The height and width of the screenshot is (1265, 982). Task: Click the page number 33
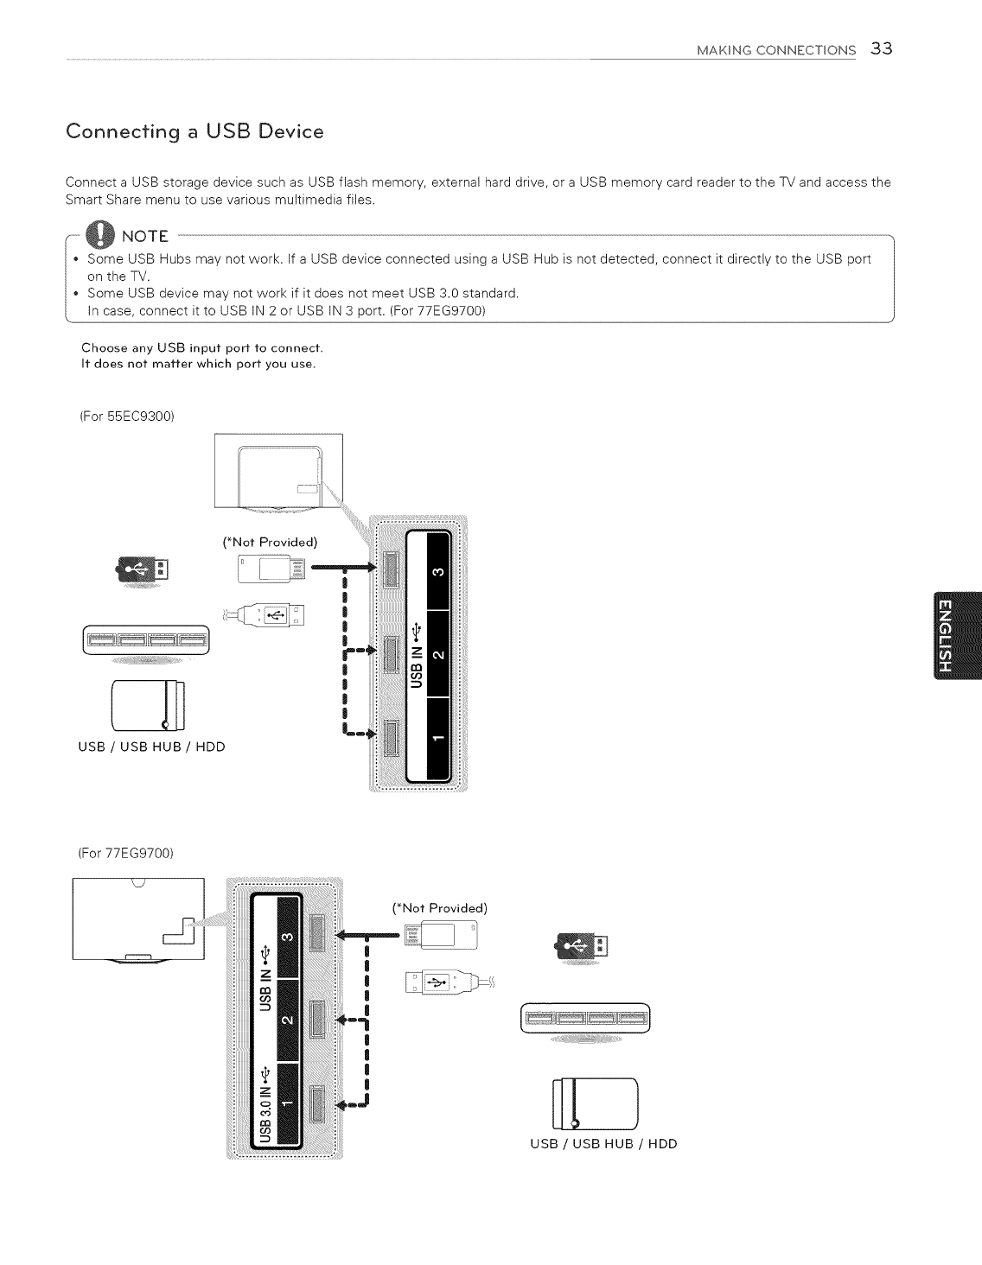(x=882, y=48)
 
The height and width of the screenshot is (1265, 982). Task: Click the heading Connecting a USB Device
(x=194, y=132)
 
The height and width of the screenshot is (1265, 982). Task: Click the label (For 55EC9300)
(x=127, y=416)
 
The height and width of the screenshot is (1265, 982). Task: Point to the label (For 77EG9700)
(x=126, y=854)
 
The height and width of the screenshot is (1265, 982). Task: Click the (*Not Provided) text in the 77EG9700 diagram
(x=440, y=908)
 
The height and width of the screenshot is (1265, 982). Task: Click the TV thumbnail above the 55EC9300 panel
(x=277, y=471)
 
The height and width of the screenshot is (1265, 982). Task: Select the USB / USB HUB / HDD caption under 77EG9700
(x=603, y=1144)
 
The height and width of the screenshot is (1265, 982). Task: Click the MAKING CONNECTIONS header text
(x=776, y=49)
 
